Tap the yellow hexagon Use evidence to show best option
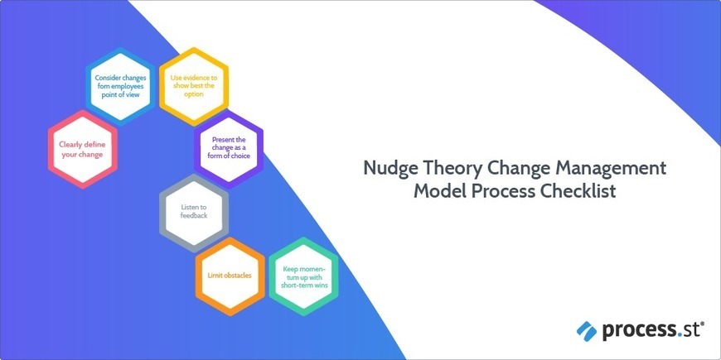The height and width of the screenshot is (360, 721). tap(193, 84)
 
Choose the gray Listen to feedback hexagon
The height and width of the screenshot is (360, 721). tap(193, 209)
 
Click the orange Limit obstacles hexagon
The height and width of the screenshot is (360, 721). tap(230, 274)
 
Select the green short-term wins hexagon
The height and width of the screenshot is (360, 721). tap(303, 275)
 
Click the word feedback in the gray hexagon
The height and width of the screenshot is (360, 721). tap(193, 215)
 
